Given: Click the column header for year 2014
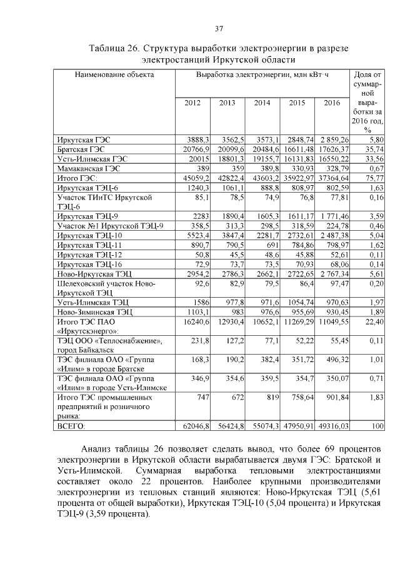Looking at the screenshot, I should point(262,103).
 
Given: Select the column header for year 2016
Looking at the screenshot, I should point(332,103).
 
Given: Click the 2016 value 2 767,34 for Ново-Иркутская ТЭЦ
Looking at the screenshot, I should point(331,273).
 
